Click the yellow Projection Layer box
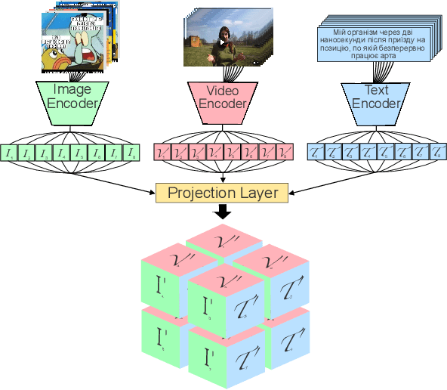[x=222, y=193]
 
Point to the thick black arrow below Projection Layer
[x=222, y=212]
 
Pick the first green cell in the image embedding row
[x=10, y=153]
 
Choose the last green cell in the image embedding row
[x=132, y=153]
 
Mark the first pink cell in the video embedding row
[x=162, y=153]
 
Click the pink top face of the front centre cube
[x=224, y=280]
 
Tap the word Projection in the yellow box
[x=199, y=193]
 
